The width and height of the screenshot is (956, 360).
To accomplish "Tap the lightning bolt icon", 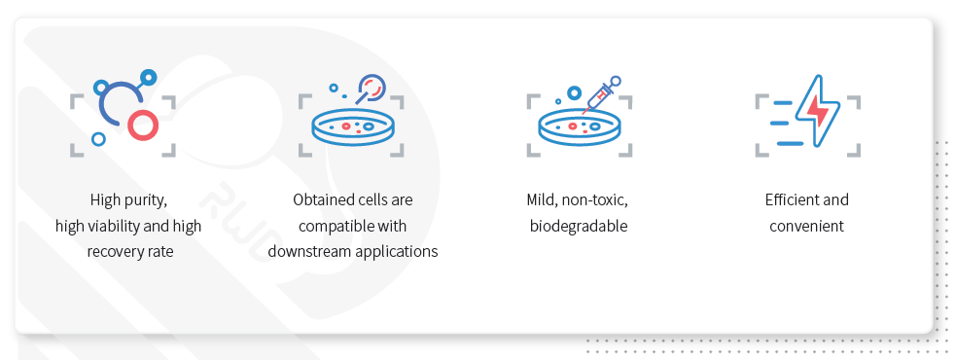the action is click(x=817, y=110).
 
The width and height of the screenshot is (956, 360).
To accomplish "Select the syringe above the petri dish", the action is click(x=601, y=94).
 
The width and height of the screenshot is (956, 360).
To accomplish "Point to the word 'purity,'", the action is click(x=145, y=200).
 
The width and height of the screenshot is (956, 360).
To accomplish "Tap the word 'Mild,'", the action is click(x=542, y=200).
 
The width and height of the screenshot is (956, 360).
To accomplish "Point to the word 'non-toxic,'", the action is click(x=594, y=200).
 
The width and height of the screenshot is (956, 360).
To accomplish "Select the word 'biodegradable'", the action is click(x=579, y=227).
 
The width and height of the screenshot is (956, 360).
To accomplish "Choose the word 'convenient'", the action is click(x=806, y=227).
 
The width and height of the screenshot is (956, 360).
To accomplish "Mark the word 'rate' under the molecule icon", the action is click(x=159, y=251).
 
